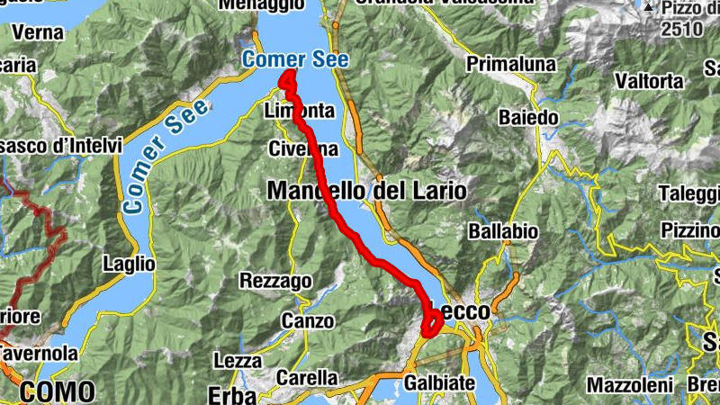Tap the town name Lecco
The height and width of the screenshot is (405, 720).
pyautogui.click(x=461, y=310)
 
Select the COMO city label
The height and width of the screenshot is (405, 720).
pyautogui.click(x=56, y=391)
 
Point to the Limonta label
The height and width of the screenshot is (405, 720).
pyautogui.click(x=300, y=111)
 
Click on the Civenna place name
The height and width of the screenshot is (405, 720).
pyautogui.click(x=304, y=149)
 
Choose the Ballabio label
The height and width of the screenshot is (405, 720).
pyautogui.click(x=503, y=231)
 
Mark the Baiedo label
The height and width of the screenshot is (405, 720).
pyautogui.click(x=528, y=117)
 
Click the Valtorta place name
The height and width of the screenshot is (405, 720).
pyautogui.click(x=648, y=80)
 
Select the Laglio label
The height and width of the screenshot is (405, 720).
pyautogui.click(x=129, y=265)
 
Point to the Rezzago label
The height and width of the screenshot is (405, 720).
pyautogui.click(x=275, y=281)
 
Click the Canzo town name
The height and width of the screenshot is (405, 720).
pyautogui.click(x=308, y=320)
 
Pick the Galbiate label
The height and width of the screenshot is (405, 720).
pyautogui.click(x=439, y=383)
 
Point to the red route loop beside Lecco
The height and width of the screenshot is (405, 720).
pyautogui.click(x=431, y=322)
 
